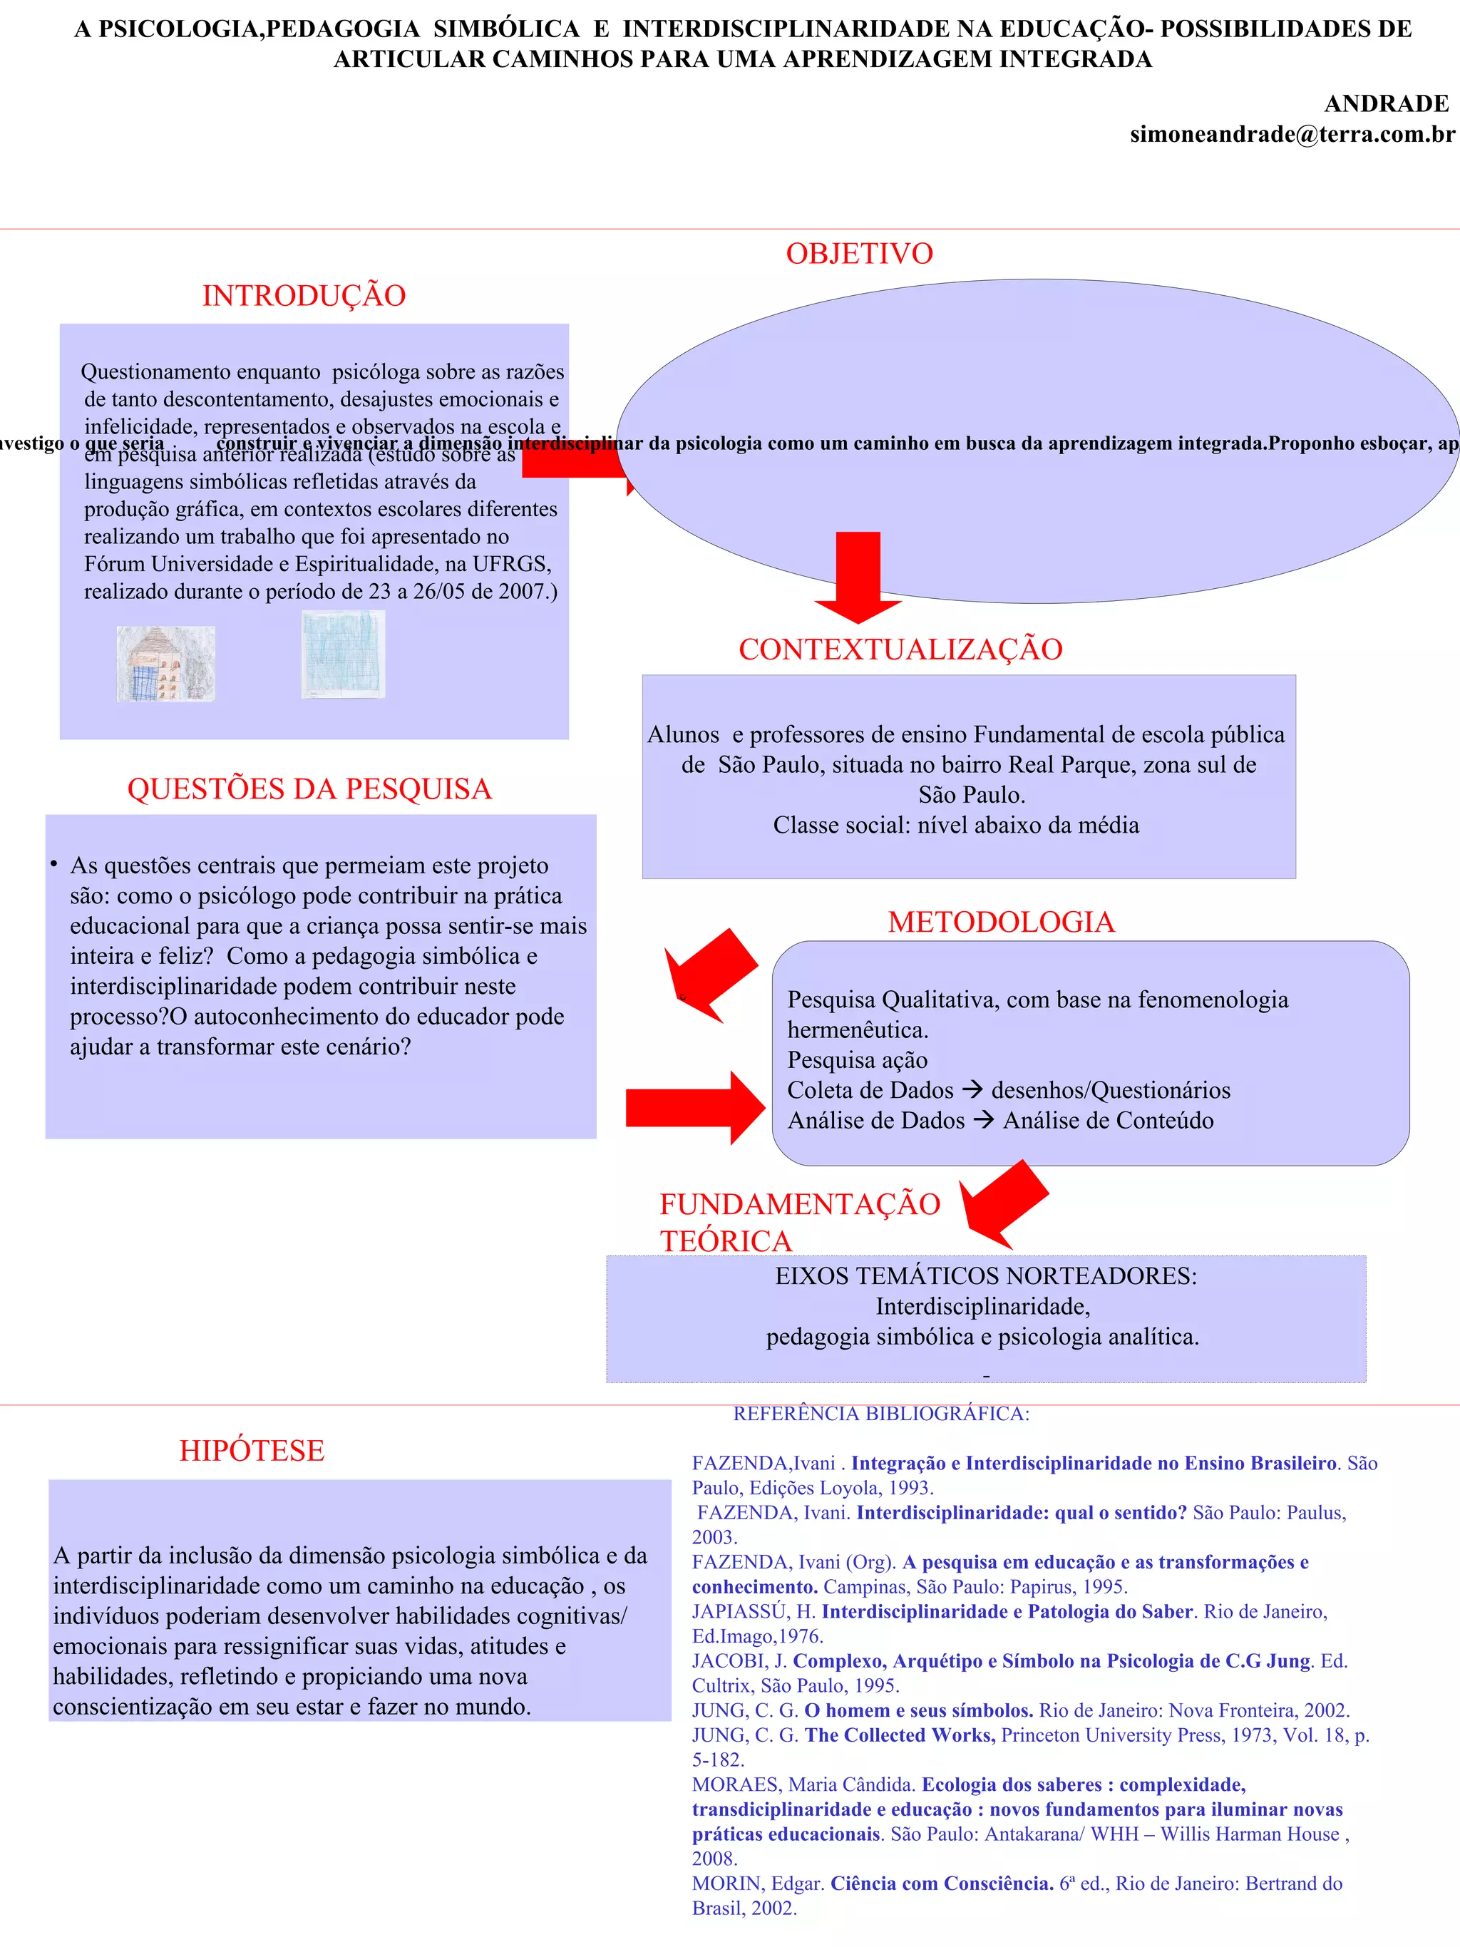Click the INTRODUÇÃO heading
(x=304, y=296)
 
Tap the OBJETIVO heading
(x=859, y=254)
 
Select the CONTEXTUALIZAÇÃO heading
(x=900, y=649)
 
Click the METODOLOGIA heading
(x=1001, y=922)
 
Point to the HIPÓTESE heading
(x=252, y=1451)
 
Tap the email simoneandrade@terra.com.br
(x=1292, y=135)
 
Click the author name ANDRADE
(x=1386, y=104)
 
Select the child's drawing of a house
(x=165, y=664)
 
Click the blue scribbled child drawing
(x=343, y=654)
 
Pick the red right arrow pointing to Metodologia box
(x=695, y=1107)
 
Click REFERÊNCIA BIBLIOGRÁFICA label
(x=881, y=1414)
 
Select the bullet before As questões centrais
(x=53, y=863)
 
